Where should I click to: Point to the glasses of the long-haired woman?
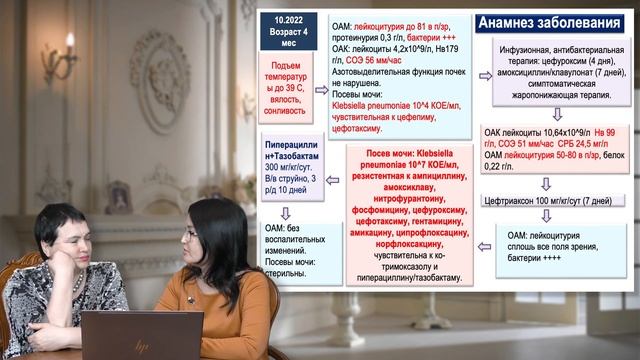point(191,232)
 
